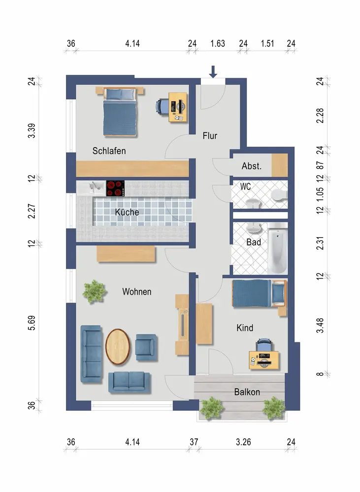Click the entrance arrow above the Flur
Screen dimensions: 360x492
[x=213, y=71]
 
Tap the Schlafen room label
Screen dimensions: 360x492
[x=109, y=151]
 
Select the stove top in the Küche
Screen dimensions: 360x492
[x=115, y=188]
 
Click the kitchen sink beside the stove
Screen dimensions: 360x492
[x=95, y=187]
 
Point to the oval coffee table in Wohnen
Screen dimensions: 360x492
[x=118, y=346]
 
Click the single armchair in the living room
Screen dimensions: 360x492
[x=146, y=347]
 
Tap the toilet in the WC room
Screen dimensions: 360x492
[x=279, y=194]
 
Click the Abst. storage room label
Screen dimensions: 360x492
[x=252, y=166]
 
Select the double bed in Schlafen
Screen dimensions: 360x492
[x=120, y=112]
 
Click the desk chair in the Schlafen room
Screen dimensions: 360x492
[x=162, y=107]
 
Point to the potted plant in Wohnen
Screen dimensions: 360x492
[x=94, y=291]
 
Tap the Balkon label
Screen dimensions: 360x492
[x=247, y=392]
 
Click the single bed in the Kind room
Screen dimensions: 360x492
[x=259, y=293]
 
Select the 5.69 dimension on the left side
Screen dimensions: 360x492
[x=32, y=323]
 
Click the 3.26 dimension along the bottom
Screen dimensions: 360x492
[x=243, y=442]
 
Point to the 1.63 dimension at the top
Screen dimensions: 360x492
[x=218, y=43]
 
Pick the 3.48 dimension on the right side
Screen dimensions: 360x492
[x=320, y=325]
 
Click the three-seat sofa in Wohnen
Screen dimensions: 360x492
[x=92, y=354]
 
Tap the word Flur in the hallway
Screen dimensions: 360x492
[x=210, y=136]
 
